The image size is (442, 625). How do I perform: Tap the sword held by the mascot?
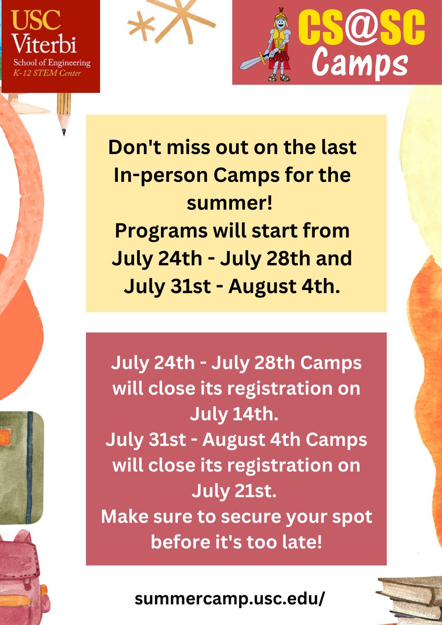click(x=253, y=60)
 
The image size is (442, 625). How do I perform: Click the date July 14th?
click(x=231, y=415)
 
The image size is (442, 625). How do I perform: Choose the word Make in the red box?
click(x=123, y=517)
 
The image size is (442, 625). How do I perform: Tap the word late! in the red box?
click(x=294, y=542)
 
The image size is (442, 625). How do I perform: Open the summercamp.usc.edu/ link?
click(x=229, y=598)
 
